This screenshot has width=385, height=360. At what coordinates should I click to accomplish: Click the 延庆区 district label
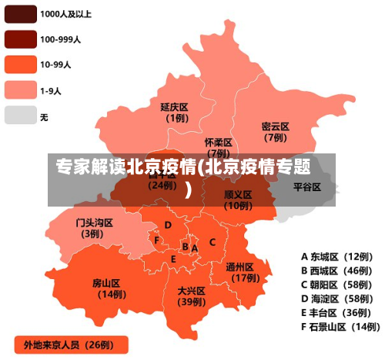tap(175, 107)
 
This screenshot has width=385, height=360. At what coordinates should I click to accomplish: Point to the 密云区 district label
tap(275, 126)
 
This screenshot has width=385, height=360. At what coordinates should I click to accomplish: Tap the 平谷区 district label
tap(307, 187)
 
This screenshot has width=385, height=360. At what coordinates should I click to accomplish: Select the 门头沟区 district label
tap(94, 223)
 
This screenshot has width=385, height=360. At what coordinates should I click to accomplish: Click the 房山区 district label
tap(107, 282)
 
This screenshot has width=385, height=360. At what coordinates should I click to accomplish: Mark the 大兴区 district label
tap(191, 291)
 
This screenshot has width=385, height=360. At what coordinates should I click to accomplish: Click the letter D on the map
tap(168, 225)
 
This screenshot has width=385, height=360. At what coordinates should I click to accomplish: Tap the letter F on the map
tap(157, 241)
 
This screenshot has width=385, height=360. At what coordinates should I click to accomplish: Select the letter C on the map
tap(213, 242)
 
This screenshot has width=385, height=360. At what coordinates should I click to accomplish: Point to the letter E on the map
tap(174, 259)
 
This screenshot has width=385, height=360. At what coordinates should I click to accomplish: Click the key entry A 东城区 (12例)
tap(336, 257)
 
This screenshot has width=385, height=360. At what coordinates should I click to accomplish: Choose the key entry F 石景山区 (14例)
tap(336, 327)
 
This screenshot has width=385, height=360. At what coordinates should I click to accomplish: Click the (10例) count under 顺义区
tap(238, 206)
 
